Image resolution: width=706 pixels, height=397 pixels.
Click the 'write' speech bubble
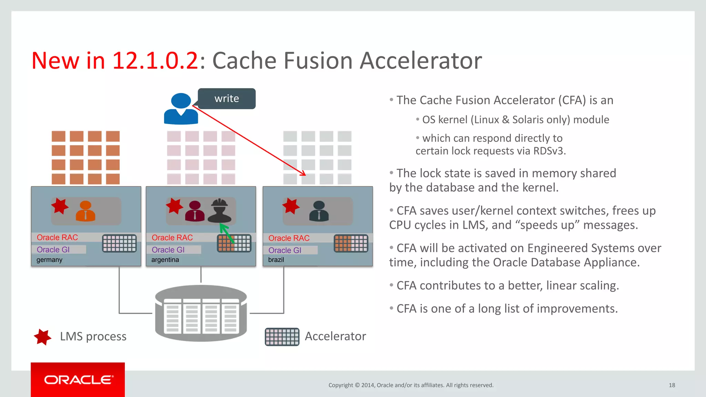click(226, 99)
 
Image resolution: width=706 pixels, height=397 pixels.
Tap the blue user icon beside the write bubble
click(181, 109)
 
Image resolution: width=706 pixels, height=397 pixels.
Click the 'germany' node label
click(49, 260)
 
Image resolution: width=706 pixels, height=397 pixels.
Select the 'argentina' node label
click(165, 260)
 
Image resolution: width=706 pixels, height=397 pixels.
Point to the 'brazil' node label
click(276, 260)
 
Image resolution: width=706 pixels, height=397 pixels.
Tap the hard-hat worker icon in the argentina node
click(220, 211)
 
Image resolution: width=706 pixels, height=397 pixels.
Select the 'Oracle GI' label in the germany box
click(53, 250)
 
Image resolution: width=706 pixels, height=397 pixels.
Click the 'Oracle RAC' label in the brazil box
click(289, 238)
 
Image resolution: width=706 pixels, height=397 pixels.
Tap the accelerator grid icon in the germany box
click(119, 243)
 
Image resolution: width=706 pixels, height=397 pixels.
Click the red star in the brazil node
click(291, 206)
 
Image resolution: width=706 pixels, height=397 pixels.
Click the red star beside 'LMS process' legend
click(42, 337)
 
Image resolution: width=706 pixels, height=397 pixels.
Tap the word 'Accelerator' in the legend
click(335, 336)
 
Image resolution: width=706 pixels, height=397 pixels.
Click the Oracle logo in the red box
click(78, 380)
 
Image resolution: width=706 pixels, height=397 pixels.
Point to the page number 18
click(672, 385)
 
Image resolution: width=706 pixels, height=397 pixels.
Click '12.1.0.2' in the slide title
click(155, 61)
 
